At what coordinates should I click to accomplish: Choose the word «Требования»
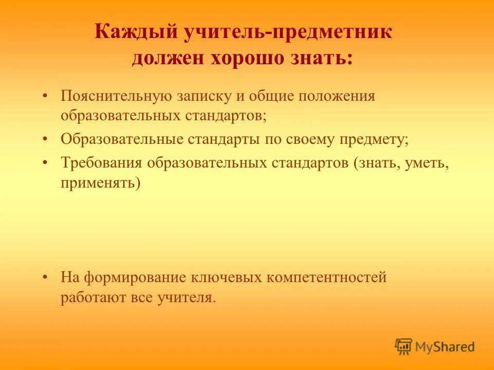[x=101, y=163]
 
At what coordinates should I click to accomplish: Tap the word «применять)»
[x=100, y=182]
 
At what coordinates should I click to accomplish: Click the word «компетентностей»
[x=326, y=278]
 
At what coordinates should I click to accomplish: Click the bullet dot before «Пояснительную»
[x=46, y=96]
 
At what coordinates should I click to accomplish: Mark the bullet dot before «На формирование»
[x=46, y=278]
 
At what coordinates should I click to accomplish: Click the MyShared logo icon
[x=404, y=346]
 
